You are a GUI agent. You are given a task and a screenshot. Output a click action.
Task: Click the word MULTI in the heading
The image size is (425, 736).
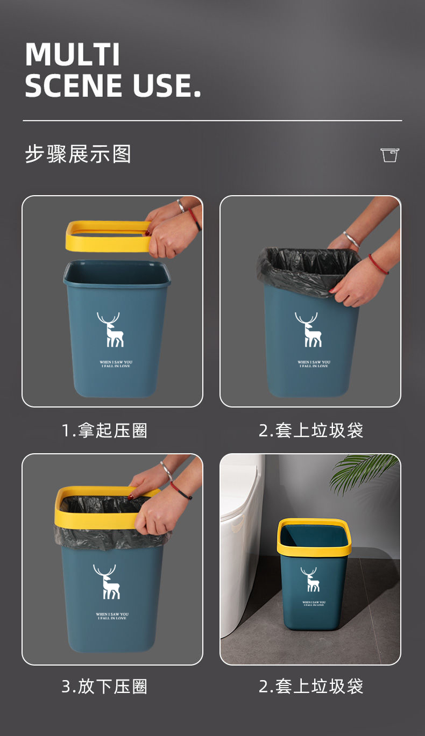[72, 54]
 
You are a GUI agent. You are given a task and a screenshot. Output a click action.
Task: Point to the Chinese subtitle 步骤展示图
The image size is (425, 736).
[78, 154]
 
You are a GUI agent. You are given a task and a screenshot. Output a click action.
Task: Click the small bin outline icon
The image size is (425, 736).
[390, 155]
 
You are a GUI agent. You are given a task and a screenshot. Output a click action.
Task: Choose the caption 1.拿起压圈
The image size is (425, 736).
[104, 431]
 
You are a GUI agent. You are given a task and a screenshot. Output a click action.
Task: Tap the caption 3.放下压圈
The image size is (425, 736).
[104, 687]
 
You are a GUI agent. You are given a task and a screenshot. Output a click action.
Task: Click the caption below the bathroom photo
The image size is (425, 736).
[310, 687]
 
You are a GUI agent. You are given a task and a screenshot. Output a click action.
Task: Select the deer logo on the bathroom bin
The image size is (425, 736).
[309, 579]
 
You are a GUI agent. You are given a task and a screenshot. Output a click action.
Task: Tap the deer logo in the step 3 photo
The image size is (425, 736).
[107, 582]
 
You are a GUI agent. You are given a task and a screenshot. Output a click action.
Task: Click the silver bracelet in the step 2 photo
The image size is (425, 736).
[352, 239]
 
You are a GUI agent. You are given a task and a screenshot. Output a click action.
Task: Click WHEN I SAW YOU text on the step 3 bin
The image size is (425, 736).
[112, 614]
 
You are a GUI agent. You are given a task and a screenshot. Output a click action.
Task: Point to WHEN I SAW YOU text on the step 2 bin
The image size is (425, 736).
[314, 362]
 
